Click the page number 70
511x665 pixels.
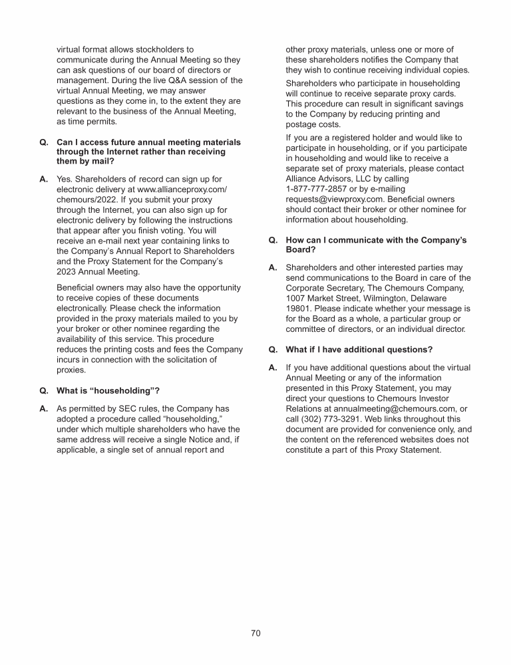pos(255,633)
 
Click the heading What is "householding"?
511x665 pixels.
pos(108,389)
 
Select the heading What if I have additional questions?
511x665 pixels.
pos(359,349)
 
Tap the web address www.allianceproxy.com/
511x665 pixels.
pos(180,189)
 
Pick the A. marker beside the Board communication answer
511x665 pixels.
pos(272,268)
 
